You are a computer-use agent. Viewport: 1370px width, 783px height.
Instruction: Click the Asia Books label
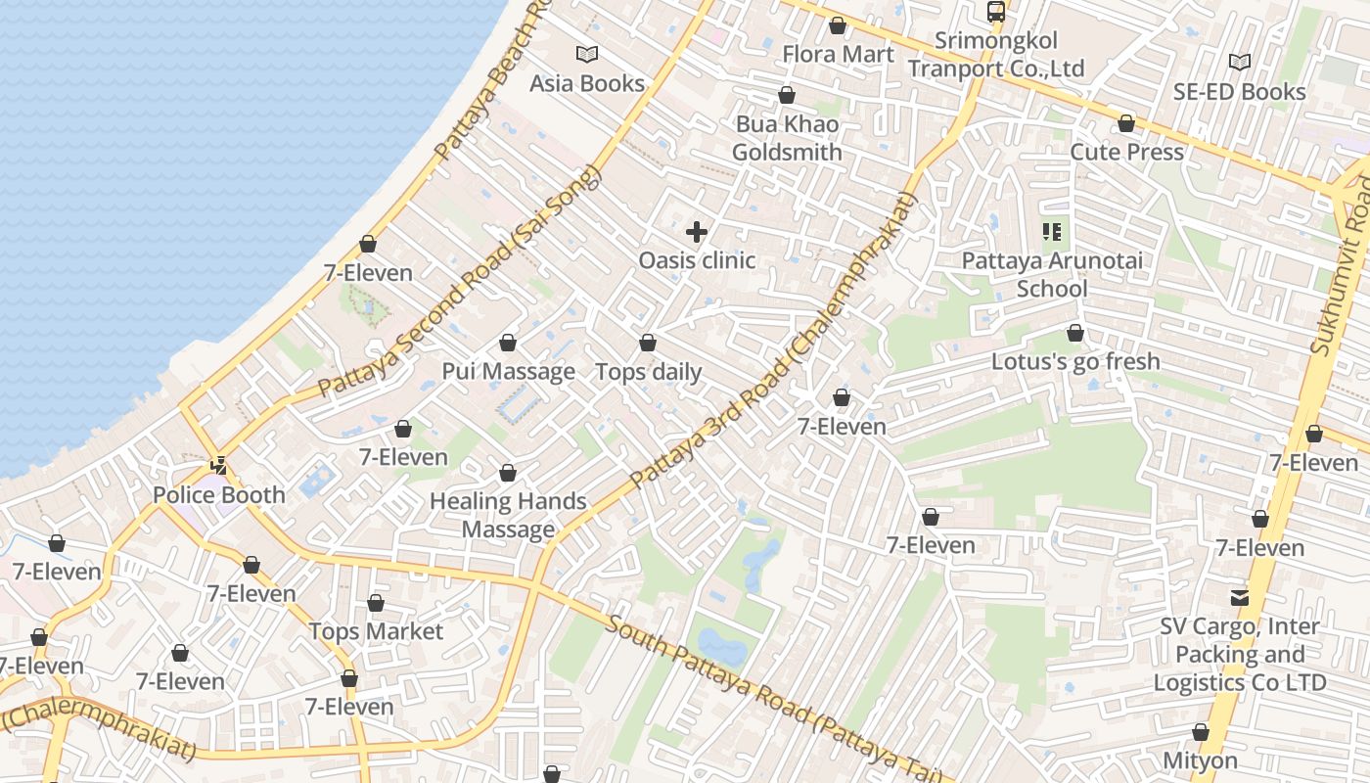pos(587,83)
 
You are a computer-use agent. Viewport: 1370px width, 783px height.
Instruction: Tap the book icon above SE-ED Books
pos(1240,63)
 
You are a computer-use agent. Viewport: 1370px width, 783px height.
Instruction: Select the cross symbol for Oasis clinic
pos(696,232)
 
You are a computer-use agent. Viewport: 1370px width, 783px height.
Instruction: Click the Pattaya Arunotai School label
pos(1052,275)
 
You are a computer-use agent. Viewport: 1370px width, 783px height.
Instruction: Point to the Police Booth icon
pos(219,466)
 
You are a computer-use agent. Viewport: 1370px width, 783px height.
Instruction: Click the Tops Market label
pos(377,631)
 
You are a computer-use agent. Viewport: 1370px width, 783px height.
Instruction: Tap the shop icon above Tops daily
pos(647,343)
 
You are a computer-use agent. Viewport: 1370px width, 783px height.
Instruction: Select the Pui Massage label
pos(508,372)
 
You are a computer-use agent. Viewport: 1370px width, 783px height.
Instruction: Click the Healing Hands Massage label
pos(508,516)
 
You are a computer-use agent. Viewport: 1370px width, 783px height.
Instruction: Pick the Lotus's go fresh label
pos(1075,361)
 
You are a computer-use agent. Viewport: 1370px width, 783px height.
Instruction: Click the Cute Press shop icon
pos(1126,124)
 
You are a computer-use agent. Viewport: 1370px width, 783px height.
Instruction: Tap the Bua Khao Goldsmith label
pos(787,139)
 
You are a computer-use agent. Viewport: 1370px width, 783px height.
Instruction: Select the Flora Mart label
pos(838,54)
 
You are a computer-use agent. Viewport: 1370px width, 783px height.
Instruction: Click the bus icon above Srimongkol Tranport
pos(995,13)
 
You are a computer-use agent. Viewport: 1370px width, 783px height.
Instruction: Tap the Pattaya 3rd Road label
pos(773,343)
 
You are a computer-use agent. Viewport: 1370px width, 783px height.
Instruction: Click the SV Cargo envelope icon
pos(1240,597)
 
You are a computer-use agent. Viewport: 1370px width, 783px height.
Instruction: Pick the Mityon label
pos(1201,760)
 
